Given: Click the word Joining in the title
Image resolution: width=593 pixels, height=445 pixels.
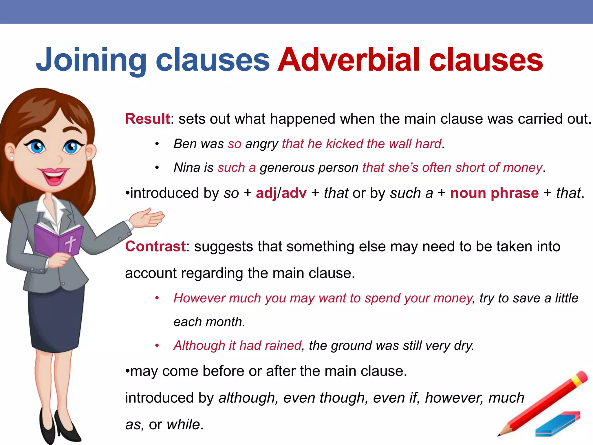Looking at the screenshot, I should (91, 60).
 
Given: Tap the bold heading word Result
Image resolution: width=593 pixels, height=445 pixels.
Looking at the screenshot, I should (147, 119).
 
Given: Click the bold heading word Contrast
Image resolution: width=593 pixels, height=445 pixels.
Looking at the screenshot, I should (155, 247).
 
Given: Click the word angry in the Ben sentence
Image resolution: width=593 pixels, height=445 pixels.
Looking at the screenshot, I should (261, 144).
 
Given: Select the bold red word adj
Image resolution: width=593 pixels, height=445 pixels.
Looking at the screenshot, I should (266, 194).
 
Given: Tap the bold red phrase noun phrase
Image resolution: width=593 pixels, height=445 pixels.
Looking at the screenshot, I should (494, 193).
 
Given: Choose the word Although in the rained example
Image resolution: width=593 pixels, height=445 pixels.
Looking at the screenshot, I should (199, 346).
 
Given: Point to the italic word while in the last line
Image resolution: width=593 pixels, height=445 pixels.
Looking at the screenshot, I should (183, 424).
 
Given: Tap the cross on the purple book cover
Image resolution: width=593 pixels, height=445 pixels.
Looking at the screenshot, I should (70, 243).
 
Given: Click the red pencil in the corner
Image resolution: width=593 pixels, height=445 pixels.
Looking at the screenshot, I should (544, 403).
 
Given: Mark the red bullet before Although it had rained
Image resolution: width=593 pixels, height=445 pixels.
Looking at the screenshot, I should (157, 346).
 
